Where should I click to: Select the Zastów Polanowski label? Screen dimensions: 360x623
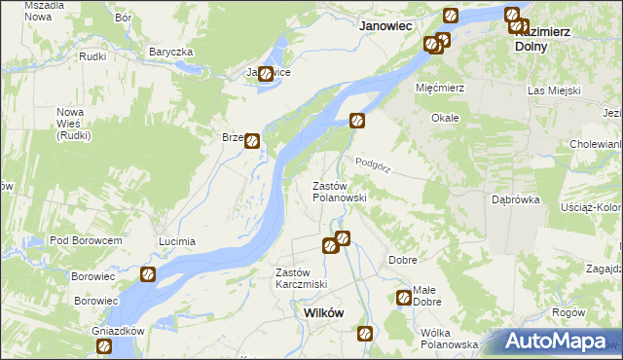pos(339,192)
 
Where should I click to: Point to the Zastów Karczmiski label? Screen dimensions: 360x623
pos(301,278)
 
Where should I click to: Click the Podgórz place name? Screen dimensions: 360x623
pos(373,165)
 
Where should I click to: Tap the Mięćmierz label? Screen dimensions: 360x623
pos(438,88)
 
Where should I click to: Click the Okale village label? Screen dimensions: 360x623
pos(445,118)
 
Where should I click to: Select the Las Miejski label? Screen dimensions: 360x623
pos(554,90)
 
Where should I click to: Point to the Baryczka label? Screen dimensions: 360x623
pos(171,52)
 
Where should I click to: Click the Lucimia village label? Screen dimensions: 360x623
pos(177,240)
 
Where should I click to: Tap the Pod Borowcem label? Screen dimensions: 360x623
pos(86,240)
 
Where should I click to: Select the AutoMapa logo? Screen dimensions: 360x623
pos(555,342)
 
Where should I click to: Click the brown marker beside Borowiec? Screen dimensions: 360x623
pos(148,275)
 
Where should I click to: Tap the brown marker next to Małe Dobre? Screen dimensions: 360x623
pos(404,299)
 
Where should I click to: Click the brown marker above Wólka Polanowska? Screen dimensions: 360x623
pos(365,334)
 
